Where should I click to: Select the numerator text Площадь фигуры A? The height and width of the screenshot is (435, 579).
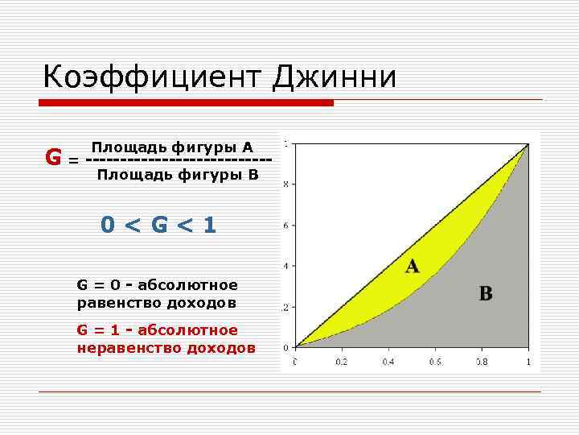click(x=172, y=147)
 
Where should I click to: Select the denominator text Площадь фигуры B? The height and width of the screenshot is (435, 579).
click(x=177, y=174)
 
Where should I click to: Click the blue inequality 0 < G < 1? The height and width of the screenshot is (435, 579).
click(x=158, y=225)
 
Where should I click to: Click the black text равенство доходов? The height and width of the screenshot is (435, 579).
click(x=157, y=303)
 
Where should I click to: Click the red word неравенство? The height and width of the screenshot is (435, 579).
click(x=129, y=348)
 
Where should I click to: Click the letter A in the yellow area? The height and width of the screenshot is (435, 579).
click(x=412, y=266)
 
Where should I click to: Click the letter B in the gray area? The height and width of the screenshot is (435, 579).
click(x=486, y=294)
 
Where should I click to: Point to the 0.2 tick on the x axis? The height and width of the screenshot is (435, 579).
click(x=341, y=362)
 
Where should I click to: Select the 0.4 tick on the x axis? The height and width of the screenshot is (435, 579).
click(x=388, y=362)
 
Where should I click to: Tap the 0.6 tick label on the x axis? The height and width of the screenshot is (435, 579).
click(x=434, y=362)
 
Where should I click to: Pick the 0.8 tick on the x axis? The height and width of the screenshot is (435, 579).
click(x=481, y=362)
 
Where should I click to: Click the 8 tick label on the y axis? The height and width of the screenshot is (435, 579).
click(x=287, y=184)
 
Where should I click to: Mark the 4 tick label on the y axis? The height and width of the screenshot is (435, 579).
click(x=287, y=266)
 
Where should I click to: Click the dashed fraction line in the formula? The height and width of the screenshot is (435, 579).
click(x=177, y=160)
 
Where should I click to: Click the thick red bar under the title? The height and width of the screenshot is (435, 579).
click(x=187, y=103)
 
